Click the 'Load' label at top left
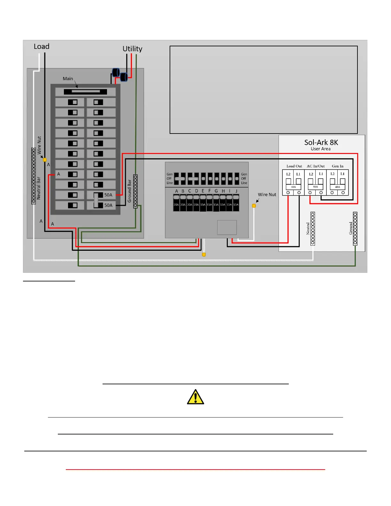[x=42, y=47]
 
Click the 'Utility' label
[x=132, y=49]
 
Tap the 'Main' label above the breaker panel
[x=68, y=79]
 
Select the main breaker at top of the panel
[x=85, y=92]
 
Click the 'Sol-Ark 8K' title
[x=321, y=142]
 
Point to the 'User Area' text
[x=321, y=149]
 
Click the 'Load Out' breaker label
[x=294, y=166]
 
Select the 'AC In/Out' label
[x=316, y=166]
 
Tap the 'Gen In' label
[x=337, y=166]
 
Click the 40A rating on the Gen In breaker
[x=337, y=187]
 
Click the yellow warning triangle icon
[x=195, y=397]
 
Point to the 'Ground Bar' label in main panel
[x=129, y=191]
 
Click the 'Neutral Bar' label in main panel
[x=39, y=188]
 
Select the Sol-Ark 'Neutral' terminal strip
[x=313, y=229]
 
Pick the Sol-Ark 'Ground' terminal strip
[x=355, y=229]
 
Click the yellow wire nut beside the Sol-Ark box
[x=254, y=206]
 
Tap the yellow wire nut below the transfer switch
[x=204, y=255]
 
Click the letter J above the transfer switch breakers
[x=236, y=191]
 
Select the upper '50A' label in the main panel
[x=108, y=195]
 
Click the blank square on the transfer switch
[x=227, y=227]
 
